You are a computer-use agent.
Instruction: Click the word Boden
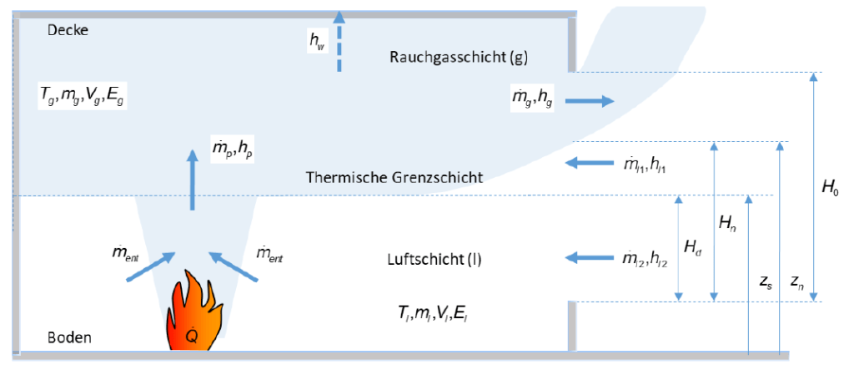[x=69, y=337]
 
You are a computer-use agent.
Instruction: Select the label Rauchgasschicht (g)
[x=459, y=57]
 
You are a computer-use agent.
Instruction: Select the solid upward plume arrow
[x=193, y=179]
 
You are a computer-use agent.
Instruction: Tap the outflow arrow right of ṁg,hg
[x=589, y=101]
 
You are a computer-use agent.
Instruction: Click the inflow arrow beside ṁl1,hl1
[x=589, y=162]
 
